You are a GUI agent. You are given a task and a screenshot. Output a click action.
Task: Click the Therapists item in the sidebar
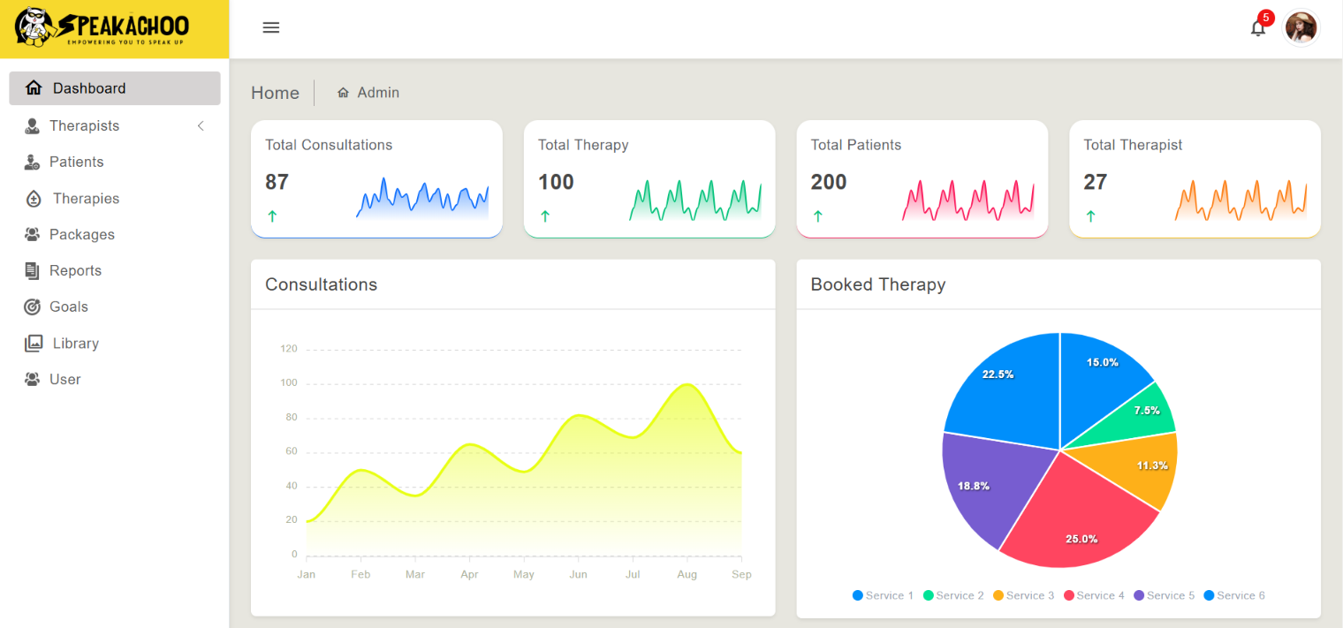(x=84, y=125)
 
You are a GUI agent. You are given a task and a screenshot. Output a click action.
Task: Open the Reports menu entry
(x=75, y=270)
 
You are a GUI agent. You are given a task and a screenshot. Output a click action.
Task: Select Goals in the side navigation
(x=68, y=306)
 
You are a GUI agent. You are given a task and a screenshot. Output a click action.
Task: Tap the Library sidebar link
(x=75, y=343)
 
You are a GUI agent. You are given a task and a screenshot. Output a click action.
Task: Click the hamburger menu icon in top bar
(x=271, y=27)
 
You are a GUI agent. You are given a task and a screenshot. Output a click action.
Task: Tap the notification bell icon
(x=1257, y=28)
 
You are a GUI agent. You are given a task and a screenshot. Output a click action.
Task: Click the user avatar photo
(x=1301, y=28)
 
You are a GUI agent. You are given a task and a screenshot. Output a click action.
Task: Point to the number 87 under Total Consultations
(x=277, y=182)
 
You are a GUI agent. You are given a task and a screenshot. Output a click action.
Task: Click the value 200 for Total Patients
(x=829, y=182)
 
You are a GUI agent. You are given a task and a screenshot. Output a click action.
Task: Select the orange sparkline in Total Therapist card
(x=1241, y=201)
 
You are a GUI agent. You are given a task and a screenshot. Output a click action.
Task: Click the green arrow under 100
(x=545, y=216)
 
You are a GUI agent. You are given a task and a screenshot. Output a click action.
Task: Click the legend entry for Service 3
(x=1024, y=595)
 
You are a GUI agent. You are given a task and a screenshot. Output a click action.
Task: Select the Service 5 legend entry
(x=1165, y=595)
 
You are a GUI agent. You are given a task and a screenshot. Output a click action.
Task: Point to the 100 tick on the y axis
(x=289, y=383)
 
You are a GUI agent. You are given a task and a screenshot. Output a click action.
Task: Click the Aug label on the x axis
(x=687, y=574)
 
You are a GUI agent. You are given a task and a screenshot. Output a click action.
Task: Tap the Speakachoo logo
(x=102, y=28)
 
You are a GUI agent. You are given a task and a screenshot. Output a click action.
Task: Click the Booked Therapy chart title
(x=877, y=284)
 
